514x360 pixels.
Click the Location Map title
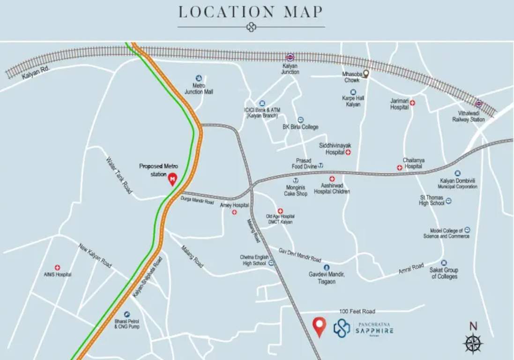pos(251,12)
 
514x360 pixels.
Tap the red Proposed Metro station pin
pos(172,179)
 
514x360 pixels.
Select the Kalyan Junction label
pos(290,69)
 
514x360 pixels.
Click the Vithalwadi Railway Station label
pos(469,116)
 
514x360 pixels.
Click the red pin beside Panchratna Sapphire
pos(320,326)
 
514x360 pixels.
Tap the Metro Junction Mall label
pos(199,89)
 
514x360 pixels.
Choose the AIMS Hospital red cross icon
pos(58,267)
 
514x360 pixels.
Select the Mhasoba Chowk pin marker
pos(366,74)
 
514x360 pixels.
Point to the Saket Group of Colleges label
pos(444,273)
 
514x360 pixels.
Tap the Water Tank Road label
pos(119,175)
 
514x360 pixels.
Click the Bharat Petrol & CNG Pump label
pos(127,323)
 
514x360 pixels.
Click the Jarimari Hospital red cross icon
pos(412,103)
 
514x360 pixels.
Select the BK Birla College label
pos(300,127)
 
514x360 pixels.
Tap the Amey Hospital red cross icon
pos(234,212)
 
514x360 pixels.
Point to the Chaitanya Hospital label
pos(414,163)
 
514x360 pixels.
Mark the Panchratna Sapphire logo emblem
pos(342,328)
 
